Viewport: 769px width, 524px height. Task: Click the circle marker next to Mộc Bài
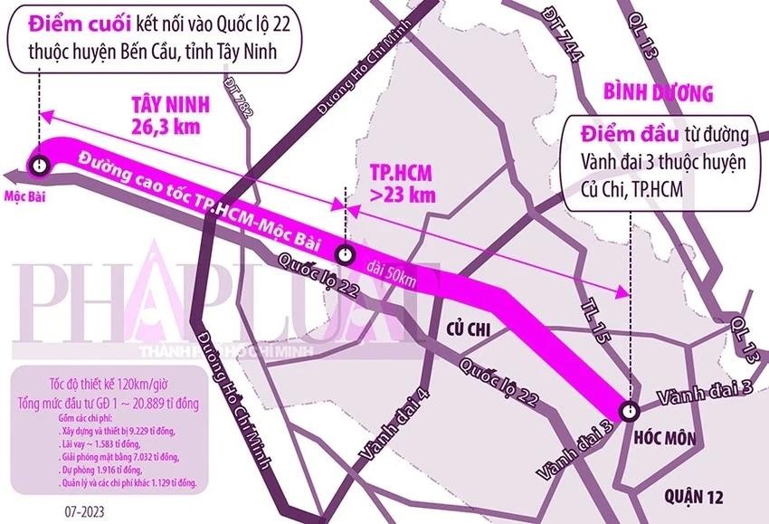38,165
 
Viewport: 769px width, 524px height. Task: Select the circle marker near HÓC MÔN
631,408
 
